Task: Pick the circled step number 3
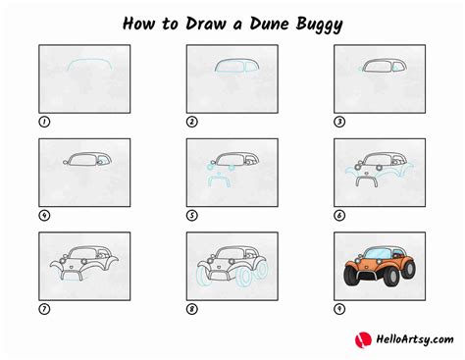pyautogui.click(x=339, y=123)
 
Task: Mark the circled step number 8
pyautogui.click(x=192, y=309)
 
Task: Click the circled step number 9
pyautogui.click(x=339, y=309)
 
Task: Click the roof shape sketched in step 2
pyautogui.click(x=232, y=67)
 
